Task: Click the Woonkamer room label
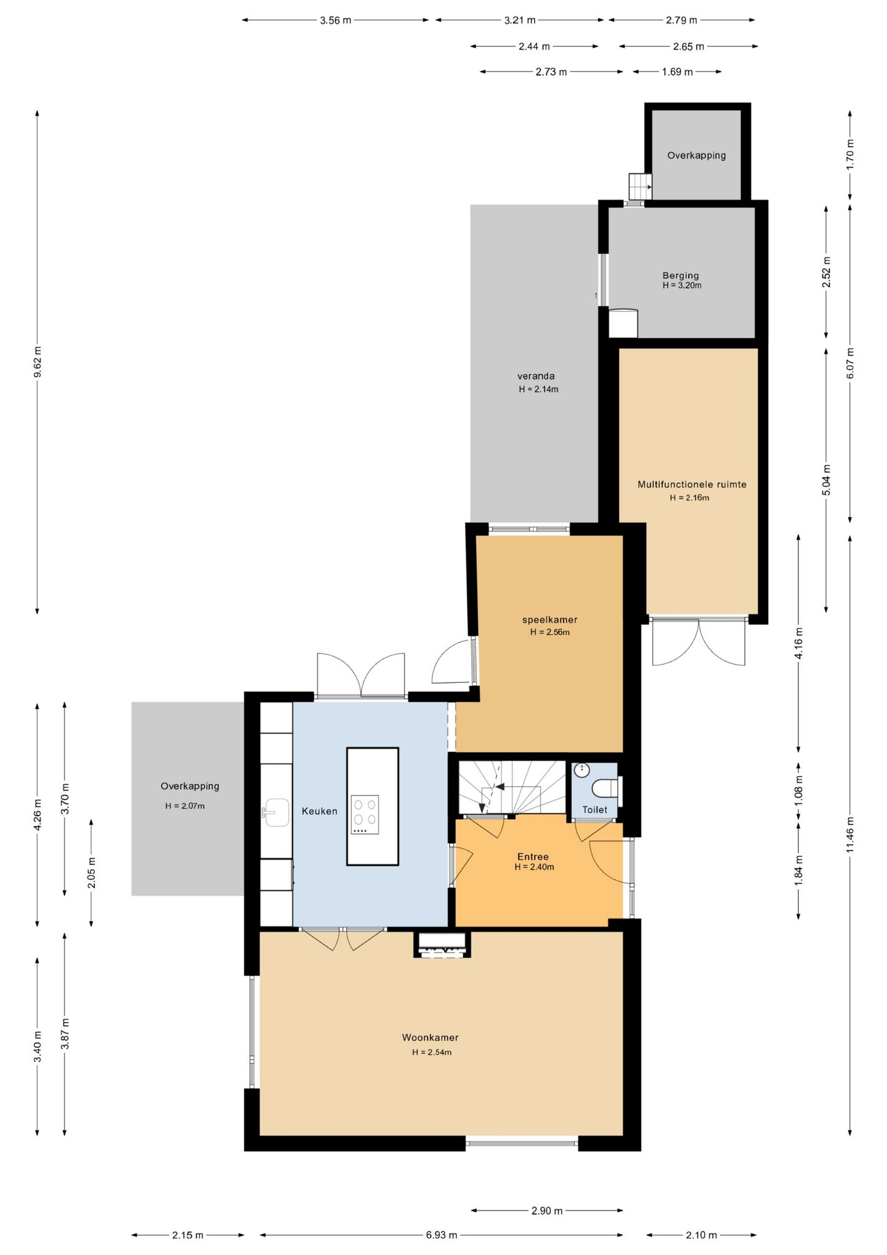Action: pos(430,1037)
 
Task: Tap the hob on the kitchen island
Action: pos(365,815)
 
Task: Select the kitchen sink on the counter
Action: pos(275,812)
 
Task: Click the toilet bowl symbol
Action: pos(604,789)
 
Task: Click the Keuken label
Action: pos(319,811)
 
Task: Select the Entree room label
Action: pos(533,856)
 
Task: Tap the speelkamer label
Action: pos(549,619)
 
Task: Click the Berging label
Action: pos(681,276)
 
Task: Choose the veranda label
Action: pos(536,376)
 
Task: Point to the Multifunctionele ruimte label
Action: pos(692,484)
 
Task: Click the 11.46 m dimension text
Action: pos(850,835)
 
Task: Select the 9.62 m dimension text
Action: pos(38,362)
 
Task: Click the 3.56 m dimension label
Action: pos(335,20)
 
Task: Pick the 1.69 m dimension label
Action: pos(677,72)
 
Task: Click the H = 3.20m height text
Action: pos(682,285)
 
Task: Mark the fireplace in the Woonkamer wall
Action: pos(442,944)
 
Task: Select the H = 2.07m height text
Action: pos(185,806)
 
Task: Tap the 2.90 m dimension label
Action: pos(547,1211)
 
